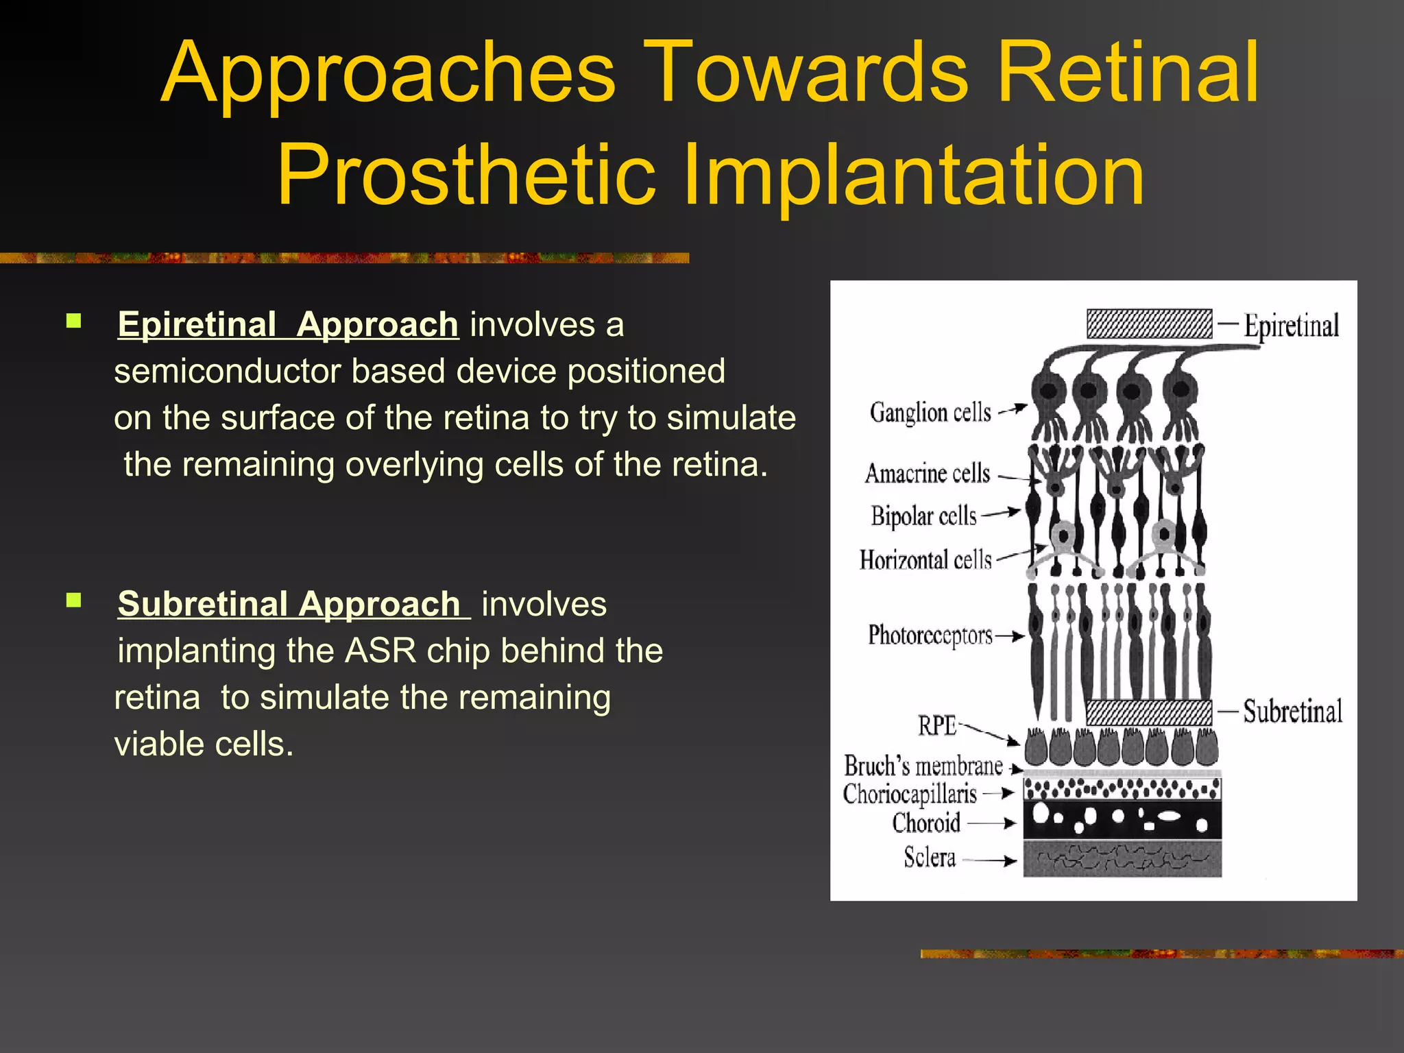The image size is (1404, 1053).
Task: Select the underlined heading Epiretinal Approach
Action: tap(288, 324)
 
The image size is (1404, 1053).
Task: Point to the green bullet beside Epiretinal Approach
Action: tap(74, 321)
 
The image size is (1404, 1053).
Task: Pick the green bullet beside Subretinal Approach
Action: tap(74, 601)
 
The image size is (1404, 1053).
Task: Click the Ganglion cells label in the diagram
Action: tap(930, 412)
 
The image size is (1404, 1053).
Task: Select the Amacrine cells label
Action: tap(927, 473)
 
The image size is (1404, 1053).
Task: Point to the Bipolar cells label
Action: tap(923, 516)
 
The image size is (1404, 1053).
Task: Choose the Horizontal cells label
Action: tap(925, 560)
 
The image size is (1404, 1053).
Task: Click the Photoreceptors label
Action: tap(930, 635)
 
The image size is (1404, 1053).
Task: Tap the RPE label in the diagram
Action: tap(937, 725)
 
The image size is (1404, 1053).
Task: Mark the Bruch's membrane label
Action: tap(923, 766)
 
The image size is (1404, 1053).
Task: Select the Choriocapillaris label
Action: tap(910, 794)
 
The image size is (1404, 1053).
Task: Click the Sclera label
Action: tap(929, 857)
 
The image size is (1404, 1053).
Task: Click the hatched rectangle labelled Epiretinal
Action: tap(1149, 324)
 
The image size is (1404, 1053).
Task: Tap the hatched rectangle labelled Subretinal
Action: tap(1149, 712)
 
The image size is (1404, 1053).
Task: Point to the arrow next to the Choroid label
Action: tap(991, 823)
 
